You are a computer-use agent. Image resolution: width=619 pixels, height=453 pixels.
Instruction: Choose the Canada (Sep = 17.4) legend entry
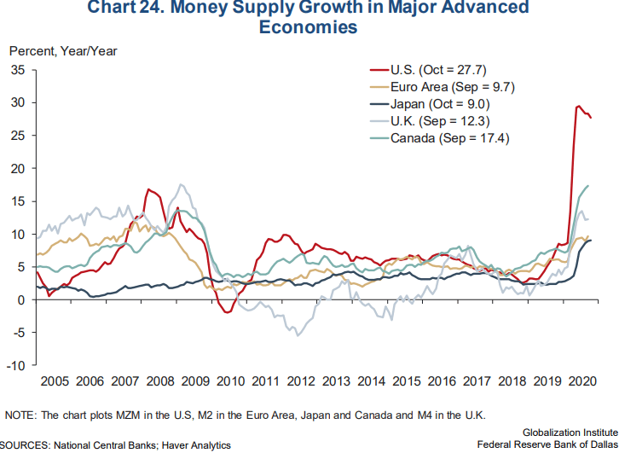[449, 138]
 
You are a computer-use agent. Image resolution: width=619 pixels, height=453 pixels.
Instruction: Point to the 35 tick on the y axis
[17, 70]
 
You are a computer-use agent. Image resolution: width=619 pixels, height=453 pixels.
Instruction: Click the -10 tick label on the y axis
[16, 365]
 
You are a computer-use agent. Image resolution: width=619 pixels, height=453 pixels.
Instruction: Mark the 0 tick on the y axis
[21, 299]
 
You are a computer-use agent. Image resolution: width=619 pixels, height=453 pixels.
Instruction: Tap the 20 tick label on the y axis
[17, 168]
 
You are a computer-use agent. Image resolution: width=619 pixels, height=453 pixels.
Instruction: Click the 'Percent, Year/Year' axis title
[63, 49]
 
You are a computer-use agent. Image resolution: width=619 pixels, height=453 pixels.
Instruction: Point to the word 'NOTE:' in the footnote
[20, 415]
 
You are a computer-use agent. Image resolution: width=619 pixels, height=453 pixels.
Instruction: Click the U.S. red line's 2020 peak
[579, 107]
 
